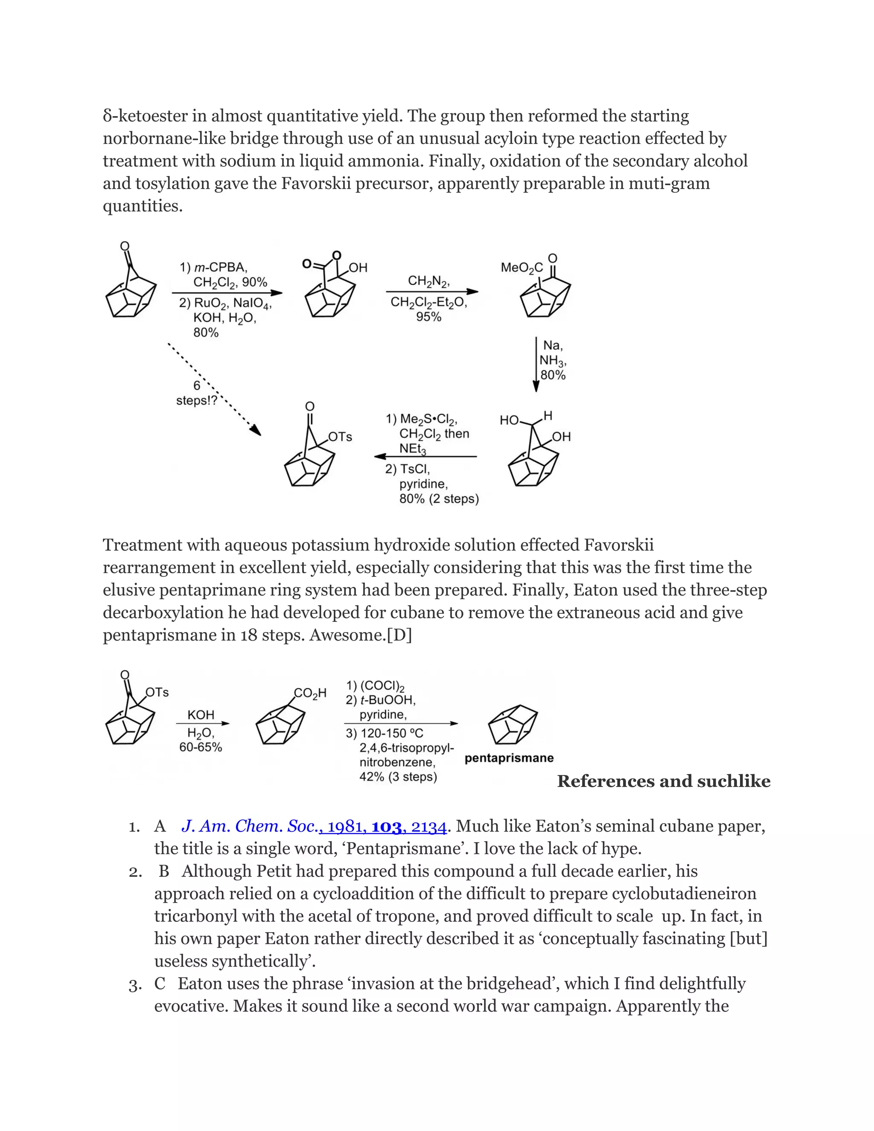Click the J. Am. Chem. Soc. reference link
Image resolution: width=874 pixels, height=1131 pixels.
[314, 827]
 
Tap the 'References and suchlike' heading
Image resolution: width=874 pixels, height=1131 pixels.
[663, 781]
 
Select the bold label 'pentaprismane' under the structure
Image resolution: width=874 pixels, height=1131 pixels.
[509, 758]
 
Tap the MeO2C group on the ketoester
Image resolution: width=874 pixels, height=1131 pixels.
[521, 268]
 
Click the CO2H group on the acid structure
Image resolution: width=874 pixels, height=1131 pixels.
[310, 693]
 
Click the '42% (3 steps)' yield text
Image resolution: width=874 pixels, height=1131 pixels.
[398, 777]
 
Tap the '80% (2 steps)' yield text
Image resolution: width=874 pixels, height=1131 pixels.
[439, 498]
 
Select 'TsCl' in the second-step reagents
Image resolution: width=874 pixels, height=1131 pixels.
[414, 469]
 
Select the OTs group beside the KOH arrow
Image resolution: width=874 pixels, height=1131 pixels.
[157, 692]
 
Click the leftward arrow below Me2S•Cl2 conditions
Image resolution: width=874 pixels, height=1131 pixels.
[425, 457]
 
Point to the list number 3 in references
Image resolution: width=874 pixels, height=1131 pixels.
[134, 985]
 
